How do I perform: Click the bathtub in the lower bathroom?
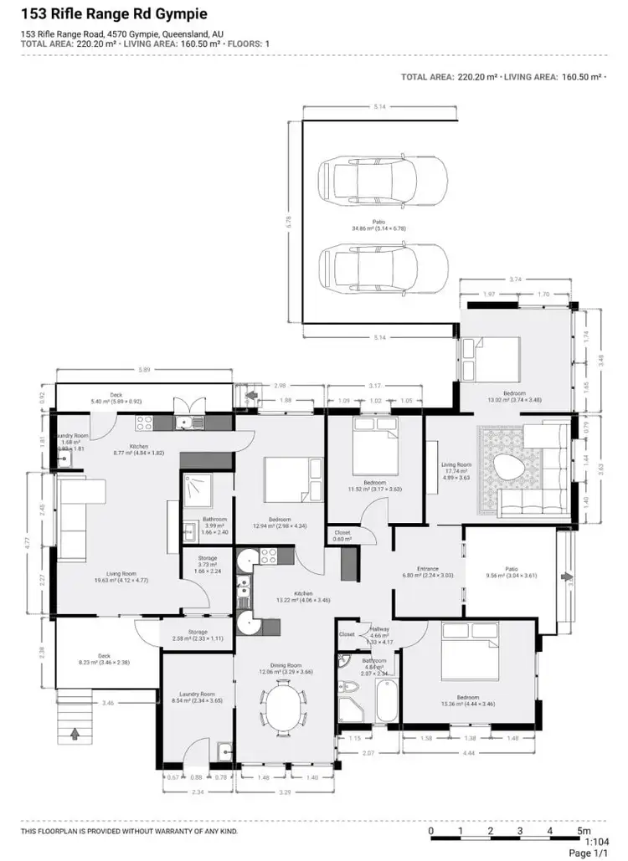coord(386,701)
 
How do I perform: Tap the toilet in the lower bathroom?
coord(350,689)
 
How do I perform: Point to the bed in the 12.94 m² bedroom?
coord(293,483)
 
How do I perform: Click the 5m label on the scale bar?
coord(584,831)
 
